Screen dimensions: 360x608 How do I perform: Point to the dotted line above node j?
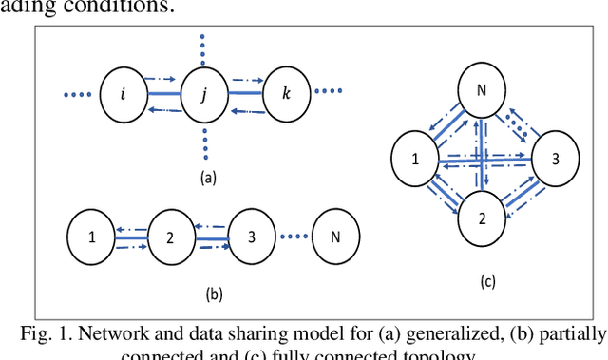(204, 48)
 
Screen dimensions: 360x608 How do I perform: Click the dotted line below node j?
(204, 142)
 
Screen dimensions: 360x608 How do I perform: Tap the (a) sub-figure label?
(205, 177)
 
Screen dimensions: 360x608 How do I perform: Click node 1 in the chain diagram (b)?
(92, 236)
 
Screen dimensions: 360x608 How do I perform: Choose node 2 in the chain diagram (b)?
(169, 236)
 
